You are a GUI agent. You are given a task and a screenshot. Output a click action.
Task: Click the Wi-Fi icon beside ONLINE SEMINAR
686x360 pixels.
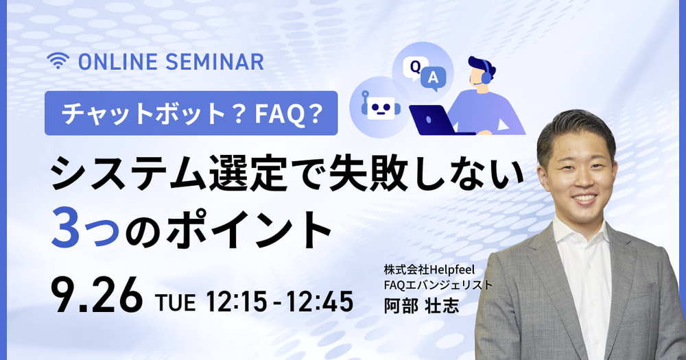coord(58,61)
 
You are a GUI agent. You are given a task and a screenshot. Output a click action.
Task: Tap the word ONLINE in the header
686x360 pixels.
coord(118,62)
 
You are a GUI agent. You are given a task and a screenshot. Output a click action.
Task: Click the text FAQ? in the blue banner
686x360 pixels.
coord(289,113)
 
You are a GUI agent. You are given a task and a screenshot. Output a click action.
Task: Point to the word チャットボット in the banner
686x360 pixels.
coord(143,113)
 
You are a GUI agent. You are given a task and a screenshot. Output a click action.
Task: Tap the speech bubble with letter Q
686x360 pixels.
coord(414,68)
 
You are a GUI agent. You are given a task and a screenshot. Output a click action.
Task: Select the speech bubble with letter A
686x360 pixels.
coord(433,79)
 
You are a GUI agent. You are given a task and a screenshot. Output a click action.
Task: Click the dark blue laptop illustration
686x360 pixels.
coord(433,120)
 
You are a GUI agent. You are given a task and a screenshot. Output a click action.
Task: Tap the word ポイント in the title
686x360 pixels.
coord(249,228)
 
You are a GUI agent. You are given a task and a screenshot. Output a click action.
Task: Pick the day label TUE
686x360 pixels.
coord(175,302)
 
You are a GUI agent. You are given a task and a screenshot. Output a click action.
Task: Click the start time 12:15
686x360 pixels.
coord(236,302)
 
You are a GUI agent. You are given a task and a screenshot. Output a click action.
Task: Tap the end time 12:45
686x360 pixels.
coord(320,302)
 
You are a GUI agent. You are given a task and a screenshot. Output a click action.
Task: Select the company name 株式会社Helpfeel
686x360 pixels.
coord(429,269)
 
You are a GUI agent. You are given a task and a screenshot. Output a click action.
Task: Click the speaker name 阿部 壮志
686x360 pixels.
coord(421,306)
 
